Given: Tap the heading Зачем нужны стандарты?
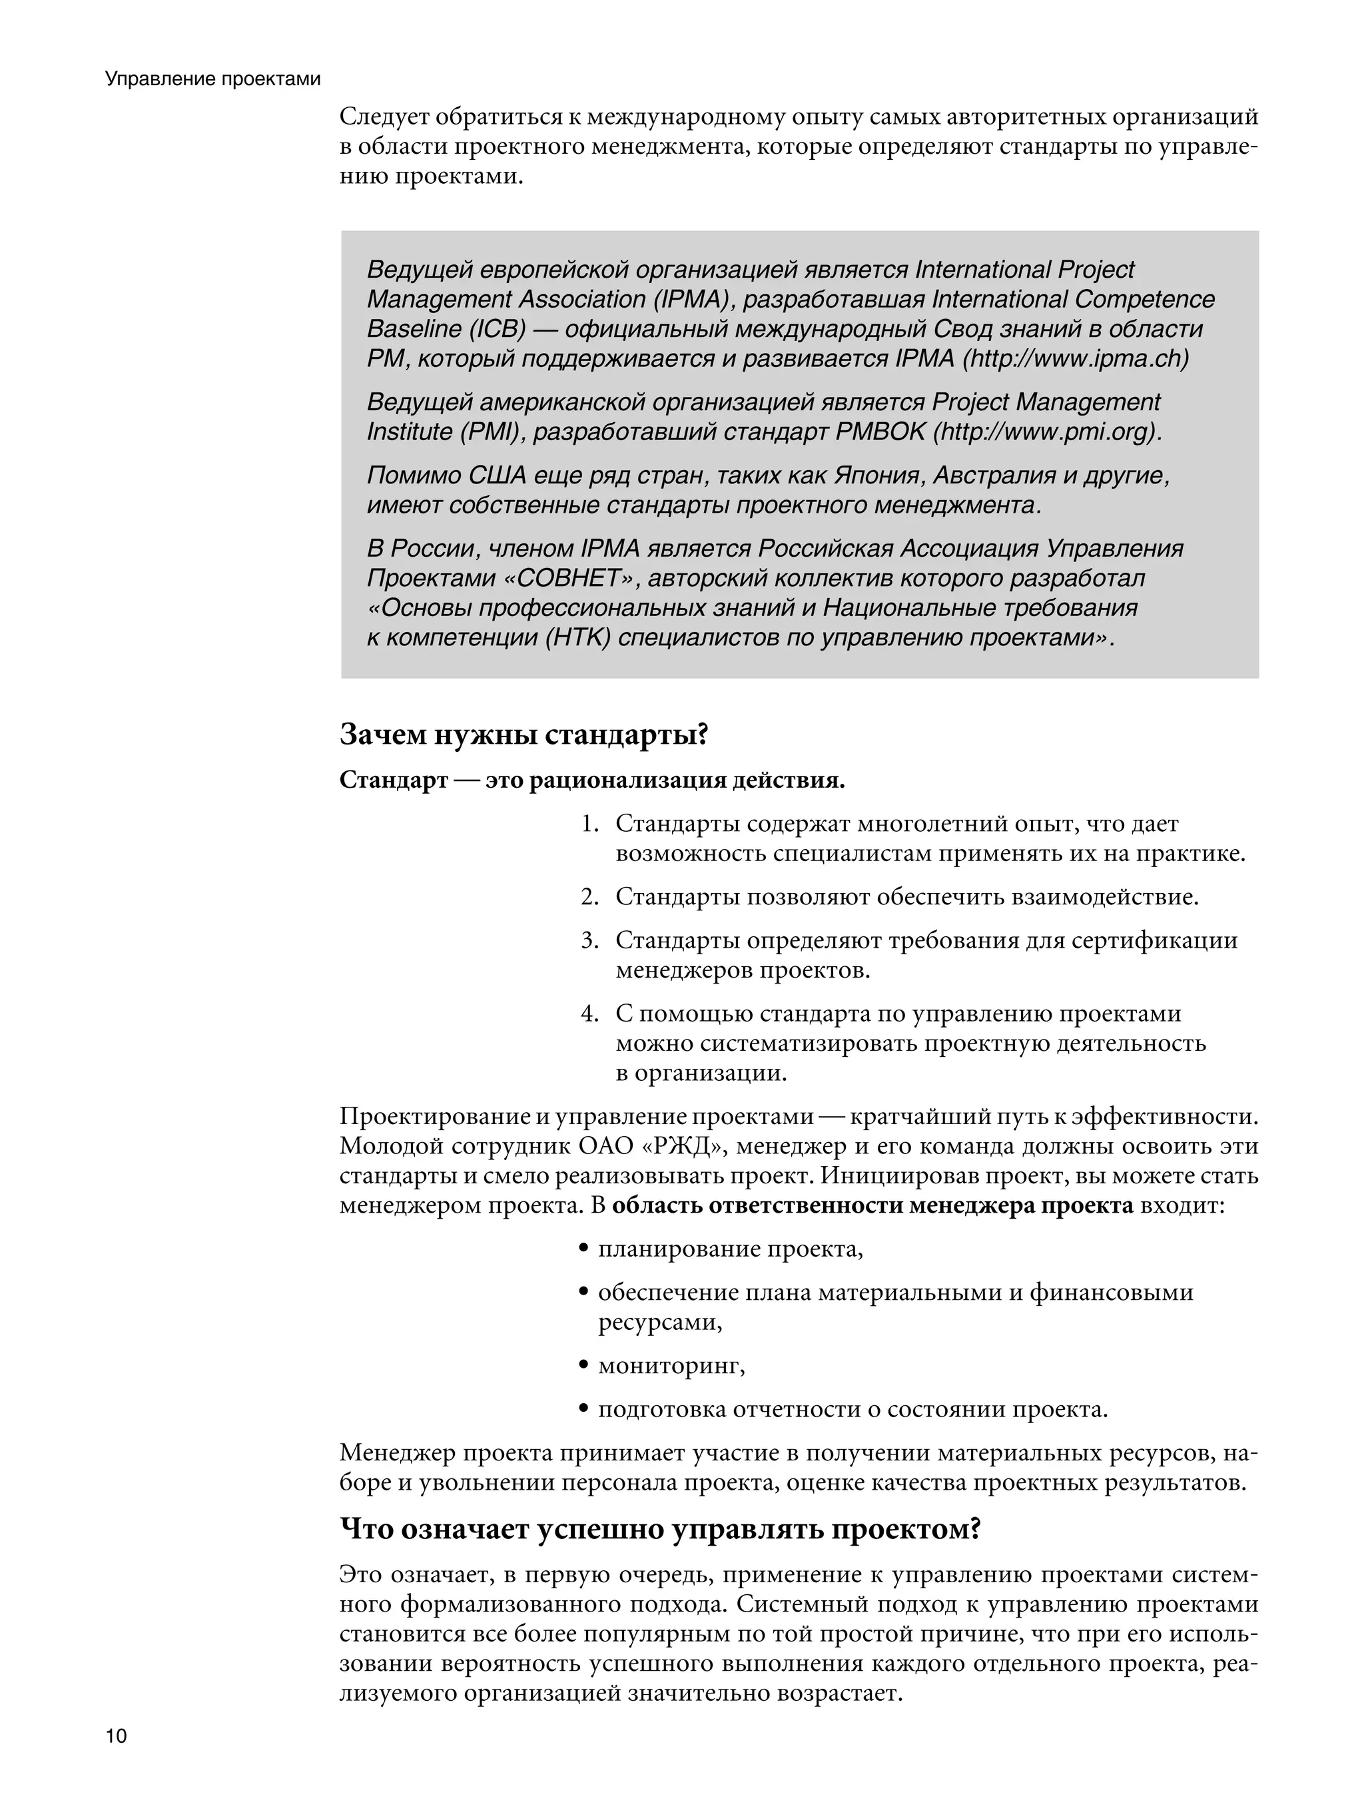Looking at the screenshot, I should pyautogui.click(x=523, y=734).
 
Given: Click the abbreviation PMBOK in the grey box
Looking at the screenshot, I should pyautogui.click(x=880, y=432).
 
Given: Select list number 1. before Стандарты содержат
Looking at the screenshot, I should pyautogui.click(x=589, y=824).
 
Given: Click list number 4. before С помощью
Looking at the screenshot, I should pyautogui.click(x=589, y=1014).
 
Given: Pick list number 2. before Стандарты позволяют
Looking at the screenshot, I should pyautogui.click(x=589, y=896).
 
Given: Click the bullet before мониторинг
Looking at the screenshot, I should pyautogui.click(x=583, y=1366).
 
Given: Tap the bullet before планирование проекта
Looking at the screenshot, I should pyautogui.click(x=583, y=1249).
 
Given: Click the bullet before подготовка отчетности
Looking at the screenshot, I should pyautogui.click(x=583, y=1410).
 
